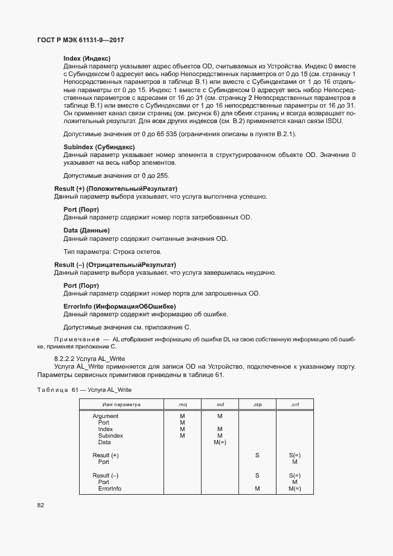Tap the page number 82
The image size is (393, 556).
pyautogui.click(x=41, y=505)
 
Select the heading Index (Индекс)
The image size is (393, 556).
pyautogui.click(x=87, y=58)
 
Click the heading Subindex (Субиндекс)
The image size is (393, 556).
pyautogui.click(x=99, y=147)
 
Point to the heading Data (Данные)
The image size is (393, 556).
pyautogui.click(x=86, y=230)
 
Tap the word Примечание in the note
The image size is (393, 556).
pyautogui.click(x=74, y=338)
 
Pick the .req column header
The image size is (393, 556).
pyautogui.click(x=182, y=404)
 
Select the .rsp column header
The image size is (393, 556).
pyautogui.click(x=257, y=404)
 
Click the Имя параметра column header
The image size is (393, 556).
pyautogui.click(x=121, y=404)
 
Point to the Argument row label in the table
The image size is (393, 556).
pyautogui.click(x=105, y=416)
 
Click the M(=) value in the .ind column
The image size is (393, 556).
pyautogui.click(x=219, y=442)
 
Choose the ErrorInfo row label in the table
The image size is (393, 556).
pyautogui.click(x=109, y=489)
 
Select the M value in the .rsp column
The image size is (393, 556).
pyautogui.click(x=257, y=489)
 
